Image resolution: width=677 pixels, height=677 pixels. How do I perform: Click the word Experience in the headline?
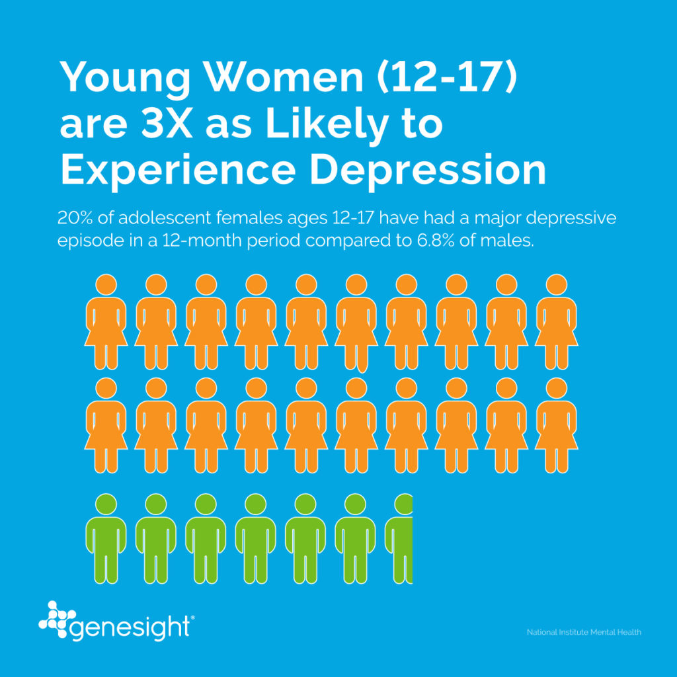178,171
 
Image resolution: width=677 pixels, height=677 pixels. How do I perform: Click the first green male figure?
106,539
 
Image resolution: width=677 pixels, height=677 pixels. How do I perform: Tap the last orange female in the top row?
556,322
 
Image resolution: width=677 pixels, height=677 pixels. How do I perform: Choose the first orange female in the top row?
106,322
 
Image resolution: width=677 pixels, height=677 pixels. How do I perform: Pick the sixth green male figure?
356,539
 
